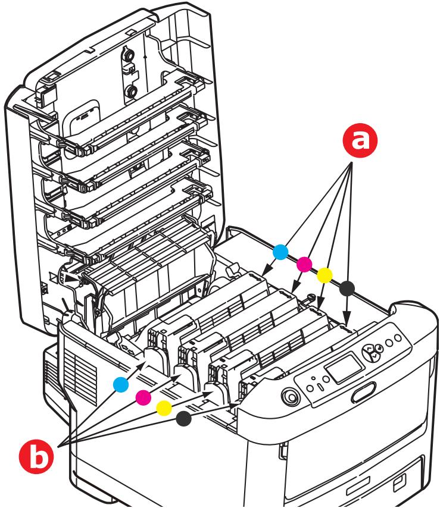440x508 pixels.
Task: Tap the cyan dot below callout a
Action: [281, 252]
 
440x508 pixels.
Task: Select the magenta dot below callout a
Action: [304, 264]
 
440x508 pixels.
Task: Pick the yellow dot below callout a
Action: [324, 275]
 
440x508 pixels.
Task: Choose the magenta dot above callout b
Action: [142, 396]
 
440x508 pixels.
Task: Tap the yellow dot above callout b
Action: [163, 407]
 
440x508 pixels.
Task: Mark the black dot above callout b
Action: [184, 419]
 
